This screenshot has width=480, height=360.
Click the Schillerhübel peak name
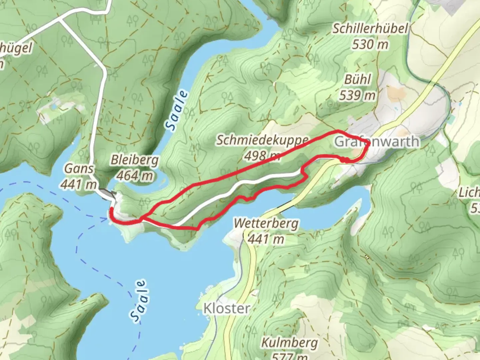[x=370, y=29]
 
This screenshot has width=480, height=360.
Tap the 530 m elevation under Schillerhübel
[x=370, y=44]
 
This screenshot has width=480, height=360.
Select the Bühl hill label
[x=357, y=80]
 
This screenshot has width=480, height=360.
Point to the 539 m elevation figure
[x=357, y=96]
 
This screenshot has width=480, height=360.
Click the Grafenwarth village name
[x=376, y=141]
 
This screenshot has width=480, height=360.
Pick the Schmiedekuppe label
[x=262, y=140]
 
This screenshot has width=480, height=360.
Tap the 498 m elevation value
[x=262, y=155]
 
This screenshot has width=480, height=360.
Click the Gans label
[x=79, y=168]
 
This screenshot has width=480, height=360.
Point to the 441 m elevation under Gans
[x=79, y=184]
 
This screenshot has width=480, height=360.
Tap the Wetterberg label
[x=266, y=223]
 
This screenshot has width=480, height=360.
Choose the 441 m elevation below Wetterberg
[x=266, y=239]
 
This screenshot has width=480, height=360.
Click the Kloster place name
[x=227, y=308]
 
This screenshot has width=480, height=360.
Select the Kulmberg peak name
[x=289, y=342]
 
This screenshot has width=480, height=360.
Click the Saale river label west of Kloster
[x=138, y=301]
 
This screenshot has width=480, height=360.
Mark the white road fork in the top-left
[x=60, y=20]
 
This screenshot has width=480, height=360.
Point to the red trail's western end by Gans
[x=111, y=209]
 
